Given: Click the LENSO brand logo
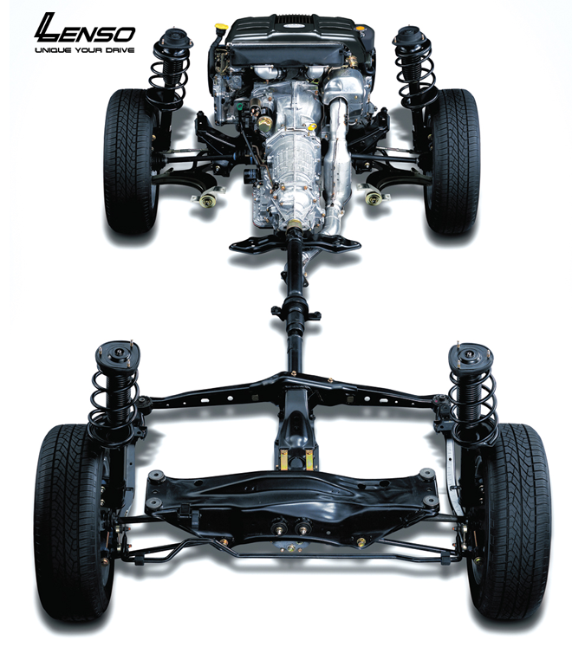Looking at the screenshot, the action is pos(84,29).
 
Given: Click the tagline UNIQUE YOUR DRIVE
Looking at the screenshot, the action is pos(85,50).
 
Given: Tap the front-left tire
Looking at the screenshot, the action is pos(129,161).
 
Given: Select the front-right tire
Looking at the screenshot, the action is pos(452,161).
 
